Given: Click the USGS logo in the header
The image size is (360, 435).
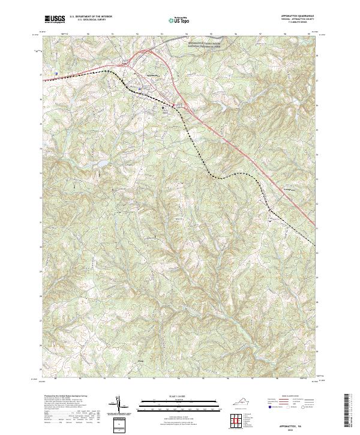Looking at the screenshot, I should (x=55, y=19).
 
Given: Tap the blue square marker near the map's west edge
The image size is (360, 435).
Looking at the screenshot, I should (x=56, y=74).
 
